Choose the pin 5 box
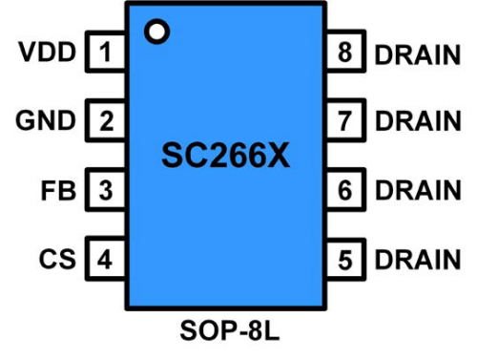(x=344, y=258)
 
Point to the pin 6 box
(x=344, y=189)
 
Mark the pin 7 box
(x=344, y=120)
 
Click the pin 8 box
(x=344, y=52)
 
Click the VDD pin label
(x=47, y=52)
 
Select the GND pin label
(x=46, y=120)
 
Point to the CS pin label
(x=57, y=258)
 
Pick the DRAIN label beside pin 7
(x=418, y=121)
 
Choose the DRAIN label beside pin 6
(x=418, y=190)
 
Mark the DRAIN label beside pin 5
(x=418, y=259)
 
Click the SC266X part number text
(x=225, y=155)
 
